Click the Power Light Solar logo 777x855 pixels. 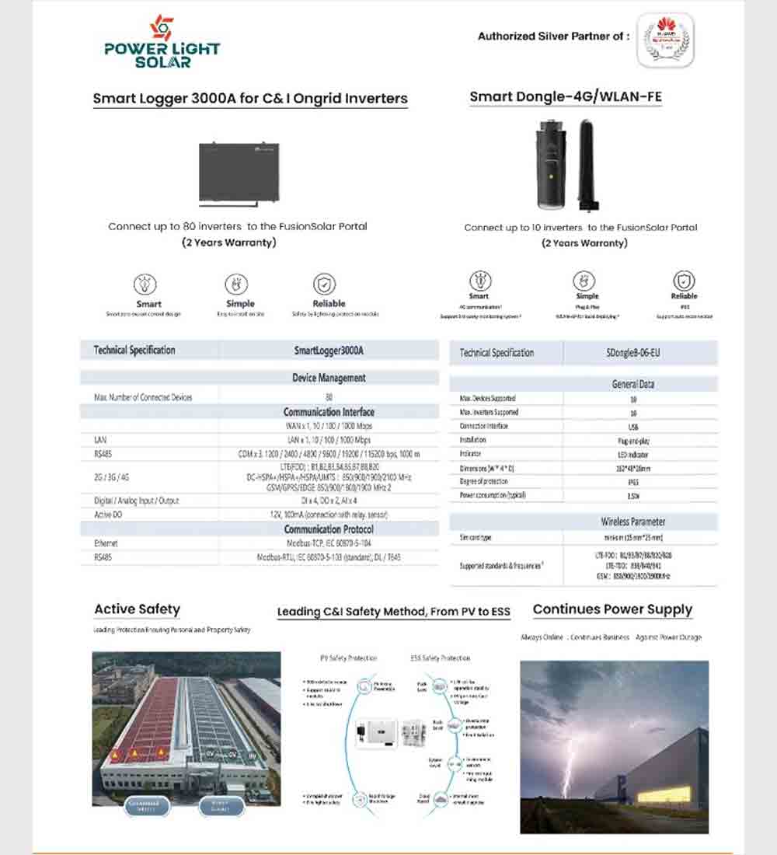tap(162, 42)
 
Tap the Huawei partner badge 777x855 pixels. tap(665, 40)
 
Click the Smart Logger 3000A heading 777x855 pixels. tap(250, 99)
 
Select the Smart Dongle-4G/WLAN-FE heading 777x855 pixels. tap(566, 97)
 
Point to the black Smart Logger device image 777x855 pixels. tap(239, 173)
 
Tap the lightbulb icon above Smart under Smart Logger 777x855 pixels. tap(145, 284)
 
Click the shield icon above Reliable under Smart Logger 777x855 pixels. tap(324, 284)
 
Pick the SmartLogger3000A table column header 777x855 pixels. tap(329, 351)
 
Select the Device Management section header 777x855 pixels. tap(329, 378)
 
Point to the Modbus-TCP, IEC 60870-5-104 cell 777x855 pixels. tap(329, 543)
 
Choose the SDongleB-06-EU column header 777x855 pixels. tap(633, 353)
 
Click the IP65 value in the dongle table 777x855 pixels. tap(633, 482)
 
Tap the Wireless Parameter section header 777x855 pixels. tap(633, 522)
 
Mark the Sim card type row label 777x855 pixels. tap(476, 538)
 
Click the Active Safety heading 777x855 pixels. tap(137, 609)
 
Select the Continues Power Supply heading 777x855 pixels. tap(612, 609)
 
